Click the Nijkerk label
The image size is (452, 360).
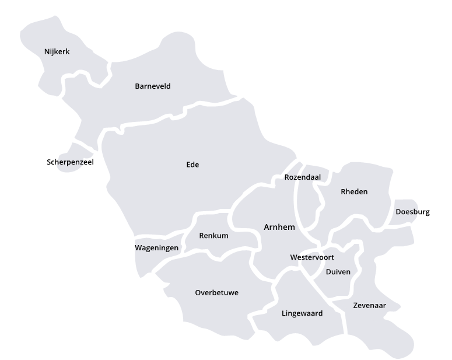[x=57, y=52]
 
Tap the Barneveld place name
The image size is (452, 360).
[x=153, y=86]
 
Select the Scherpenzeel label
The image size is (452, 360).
[x=70, y=162]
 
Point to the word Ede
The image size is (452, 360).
[x=192, y=165]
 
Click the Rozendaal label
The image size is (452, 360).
[x=303, y=177]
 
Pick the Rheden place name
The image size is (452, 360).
[x=354, y=191]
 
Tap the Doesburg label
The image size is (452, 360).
[x=412, y=212]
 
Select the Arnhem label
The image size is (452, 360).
[x=279, y=227]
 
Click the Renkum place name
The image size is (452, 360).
[x=213, y=236]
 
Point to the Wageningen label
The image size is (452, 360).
[x=157, y=248]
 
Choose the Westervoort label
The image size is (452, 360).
[x=312, y=257]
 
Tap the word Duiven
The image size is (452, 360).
[x=338, y=272]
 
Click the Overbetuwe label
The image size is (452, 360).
[x=217, y=292]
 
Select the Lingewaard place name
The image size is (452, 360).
[x=302, y=313]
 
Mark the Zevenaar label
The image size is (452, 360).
[x=369, y=305]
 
